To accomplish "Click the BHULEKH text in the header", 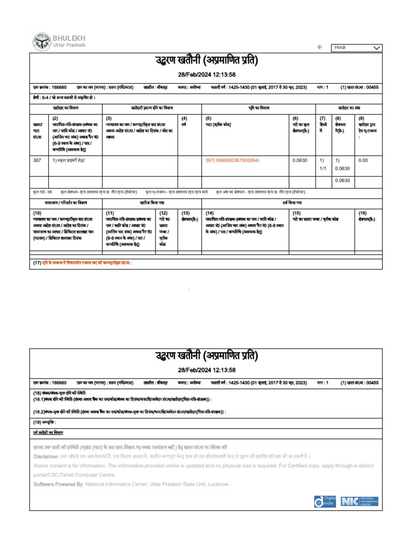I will click(x=68, y=38).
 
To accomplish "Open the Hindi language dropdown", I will click(x=357, y=48).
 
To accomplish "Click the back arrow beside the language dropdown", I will click(x=320, y=47).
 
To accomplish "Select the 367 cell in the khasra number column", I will click(x=37, y=160).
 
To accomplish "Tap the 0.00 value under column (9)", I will click(x=363, y=160).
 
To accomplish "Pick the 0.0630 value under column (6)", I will click(x=299, y=160).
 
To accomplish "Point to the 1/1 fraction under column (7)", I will click(x=322, y=169).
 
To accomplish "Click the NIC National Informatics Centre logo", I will click(x=361, y=501).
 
